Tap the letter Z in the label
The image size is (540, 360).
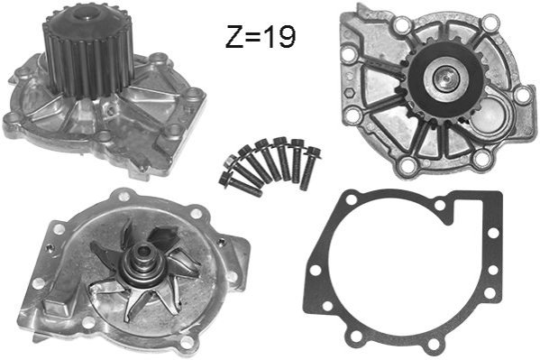(x=234, y=37)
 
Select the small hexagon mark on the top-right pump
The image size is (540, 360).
(x=349, y=93)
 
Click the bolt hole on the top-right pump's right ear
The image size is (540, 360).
(x=523, y=95)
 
